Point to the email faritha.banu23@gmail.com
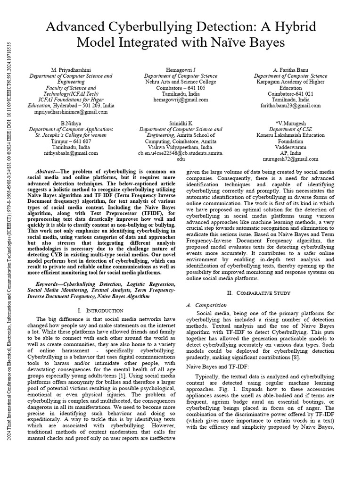click(290, 106)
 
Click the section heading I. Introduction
click(100, 310)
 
